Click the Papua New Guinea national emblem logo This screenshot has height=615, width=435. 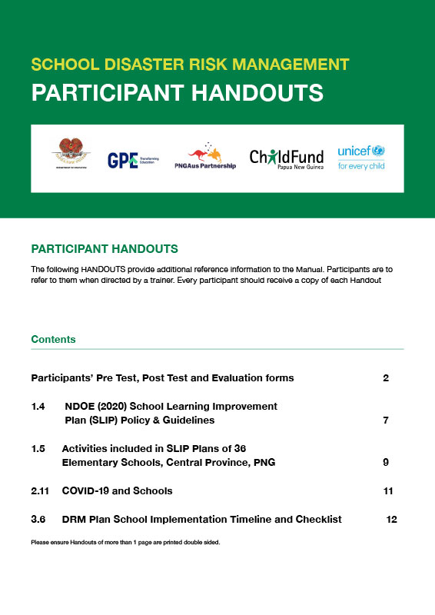pos(69,155)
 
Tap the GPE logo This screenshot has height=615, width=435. pos(132,158)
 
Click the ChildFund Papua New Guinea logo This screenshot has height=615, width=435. pos(287,158)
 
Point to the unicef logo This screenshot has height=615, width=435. pos(361,157)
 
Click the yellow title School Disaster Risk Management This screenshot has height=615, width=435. pos(190,65)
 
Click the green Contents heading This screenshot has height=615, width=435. pos(53,339)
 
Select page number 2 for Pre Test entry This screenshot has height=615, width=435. pos(386,378)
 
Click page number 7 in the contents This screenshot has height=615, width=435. pos(386,421)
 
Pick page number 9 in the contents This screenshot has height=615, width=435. pos(386,462)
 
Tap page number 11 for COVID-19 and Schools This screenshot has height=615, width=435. pos(387,490)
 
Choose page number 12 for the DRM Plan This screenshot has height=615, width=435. pos(391,520)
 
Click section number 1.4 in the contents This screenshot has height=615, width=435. pos(38,406)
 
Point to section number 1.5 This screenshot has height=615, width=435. pos(38,448)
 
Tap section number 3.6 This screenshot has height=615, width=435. pos(38,520)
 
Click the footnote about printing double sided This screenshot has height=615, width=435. pos(125,542)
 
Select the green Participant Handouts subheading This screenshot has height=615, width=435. pos(105,249)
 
